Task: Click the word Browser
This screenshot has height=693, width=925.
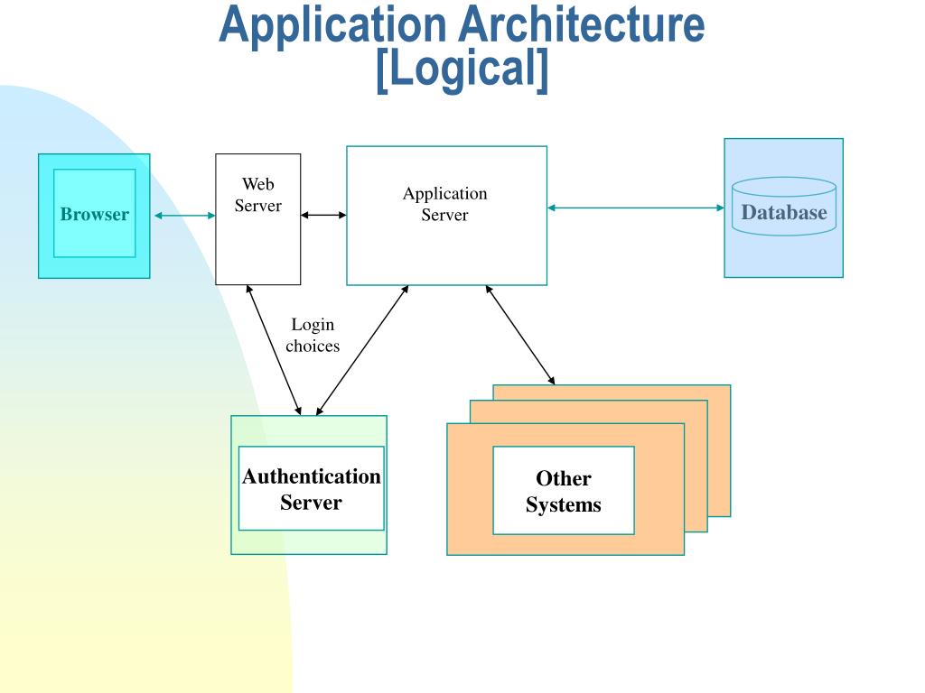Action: (94, 214)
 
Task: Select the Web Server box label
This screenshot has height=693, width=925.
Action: (257, 195)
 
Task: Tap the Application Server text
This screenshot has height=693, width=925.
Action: (444, 204)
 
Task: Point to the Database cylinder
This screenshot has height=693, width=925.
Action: (784, 207)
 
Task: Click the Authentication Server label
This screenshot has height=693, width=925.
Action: (312, 489)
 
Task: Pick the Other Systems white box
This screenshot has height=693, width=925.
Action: (564, 490)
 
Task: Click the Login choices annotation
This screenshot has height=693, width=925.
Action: (313, 335)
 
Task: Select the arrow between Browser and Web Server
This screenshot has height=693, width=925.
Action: (184, 216)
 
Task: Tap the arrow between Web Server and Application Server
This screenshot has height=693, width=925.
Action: (323, 215)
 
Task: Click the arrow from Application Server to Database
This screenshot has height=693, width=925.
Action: (635, 208)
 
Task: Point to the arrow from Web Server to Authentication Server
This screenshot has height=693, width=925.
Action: (274, 350)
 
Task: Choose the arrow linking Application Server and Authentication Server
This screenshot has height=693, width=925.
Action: (362, 350)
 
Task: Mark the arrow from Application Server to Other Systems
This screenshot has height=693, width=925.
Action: (519, 335)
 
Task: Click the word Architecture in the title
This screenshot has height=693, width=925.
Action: (582, 24)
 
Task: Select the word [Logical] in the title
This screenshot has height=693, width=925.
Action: (462, 69)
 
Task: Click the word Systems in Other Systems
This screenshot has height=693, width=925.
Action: (564, 504)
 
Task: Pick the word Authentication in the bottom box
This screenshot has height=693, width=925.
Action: (312, 476)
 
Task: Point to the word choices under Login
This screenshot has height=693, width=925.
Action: (313, 346)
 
